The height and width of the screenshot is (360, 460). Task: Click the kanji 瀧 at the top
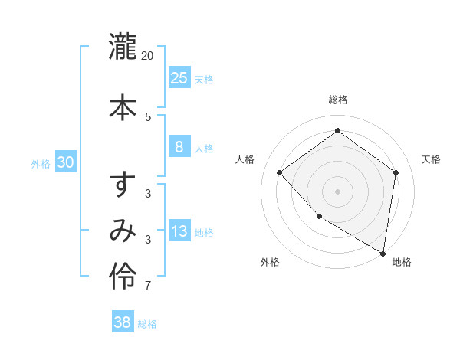(x=123, y=47)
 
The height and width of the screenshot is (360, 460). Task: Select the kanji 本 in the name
(x=123, y=106)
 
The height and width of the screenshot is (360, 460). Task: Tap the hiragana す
(x=123, y=186)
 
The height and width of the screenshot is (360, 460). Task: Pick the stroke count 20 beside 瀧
(x=148, y=56)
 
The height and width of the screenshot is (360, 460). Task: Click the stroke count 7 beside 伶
(x=148, y=286)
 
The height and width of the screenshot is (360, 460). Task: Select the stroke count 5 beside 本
(x=148, y=116)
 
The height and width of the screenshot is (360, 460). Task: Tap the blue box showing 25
(x=179, y=77)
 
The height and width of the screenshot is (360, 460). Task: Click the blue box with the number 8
(x=179, y=147)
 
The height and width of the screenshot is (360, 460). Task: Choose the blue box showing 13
(x=179, y=231)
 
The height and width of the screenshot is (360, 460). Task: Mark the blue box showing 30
(x=66, y=162)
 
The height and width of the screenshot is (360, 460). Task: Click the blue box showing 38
(x=123, y=322)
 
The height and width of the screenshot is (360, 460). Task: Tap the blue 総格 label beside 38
(x=147, y=324)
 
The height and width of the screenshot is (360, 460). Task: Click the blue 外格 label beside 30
(x=41, y=164)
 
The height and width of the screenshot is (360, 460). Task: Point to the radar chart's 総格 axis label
(x=337, y=100)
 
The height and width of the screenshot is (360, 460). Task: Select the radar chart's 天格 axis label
(x=431, y=159)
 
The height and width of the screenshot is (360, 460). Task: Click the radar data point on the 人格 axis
(x=280, y=172)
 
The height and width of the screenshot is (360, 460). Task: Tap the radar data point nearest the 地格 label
(x=383, y=253)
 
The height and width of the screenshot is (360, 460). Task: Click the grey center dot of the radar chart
(x=337, y=191)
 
